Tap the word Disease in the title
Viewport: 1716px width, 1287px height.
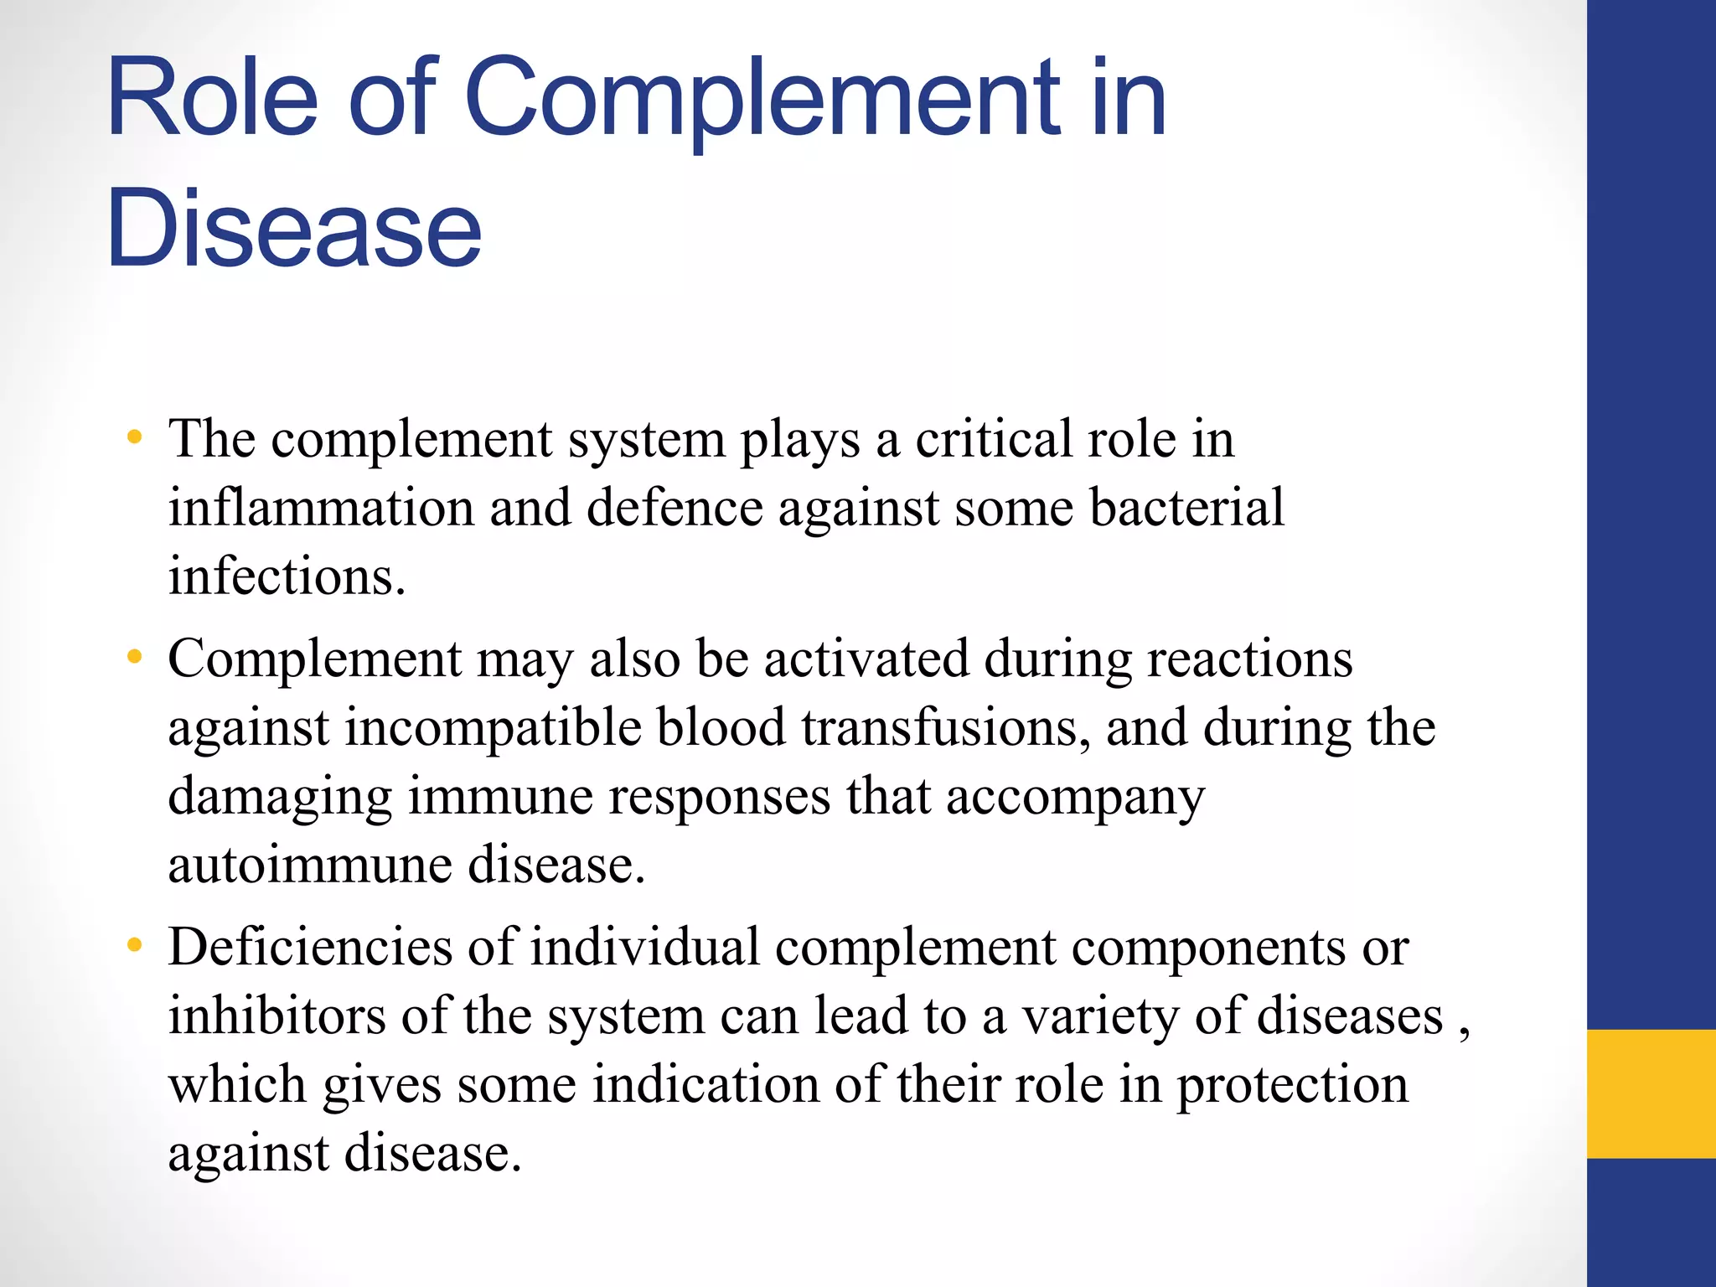(x=293, y=229)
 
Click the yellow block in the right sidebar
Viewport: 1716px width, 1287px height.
(x=1651, y=1093)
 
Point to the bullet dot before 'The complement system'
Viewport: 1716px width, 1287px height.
(x=134, y=437)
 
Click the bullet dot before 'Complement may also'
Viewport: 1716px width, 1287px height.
(x=134, y=657)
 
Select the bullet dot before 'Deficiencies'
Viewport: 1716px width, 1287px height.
(x=134, y=946)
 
